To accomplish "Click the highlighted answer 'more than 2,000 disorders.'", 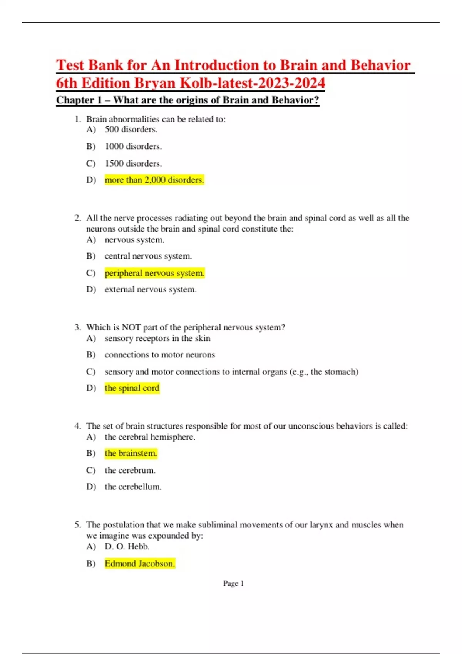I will (x=154, y=180).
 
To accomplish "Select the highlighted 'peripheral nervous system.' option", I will (x=154, y=273).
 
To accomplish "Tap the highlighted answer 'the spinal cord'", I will (x=132, y=388).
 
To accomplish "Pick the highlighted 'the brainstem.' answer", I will (x=131, y=453).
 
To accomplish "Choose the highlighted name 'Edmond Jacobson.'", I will (x=140, y=563).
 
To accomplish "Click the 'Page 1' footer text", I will (x=233, y=583).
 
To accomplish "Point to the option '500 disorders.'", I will (x=131, y=129).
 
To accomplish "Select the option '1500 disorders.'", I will (x=133, y=163).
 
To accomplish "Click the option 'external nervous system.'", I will (x=151, y=289).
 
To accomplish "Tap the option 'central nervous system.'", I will (x=148, y=256).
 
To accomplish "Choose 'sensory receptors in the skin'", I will (x=157, y=338).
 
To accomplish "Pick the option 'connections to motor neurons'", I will (x=160, y=354).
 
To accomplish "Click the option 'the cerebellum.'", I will (x=133, y=486).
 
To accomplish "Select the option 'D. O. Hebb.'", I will (x=127, y=546).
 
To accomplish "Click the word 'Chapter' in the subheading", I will (x=75, y=100).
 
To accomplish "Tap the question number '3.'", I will (x=78, y=327).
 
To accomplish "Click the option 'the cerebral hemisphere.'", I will (x=150, y=437).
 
